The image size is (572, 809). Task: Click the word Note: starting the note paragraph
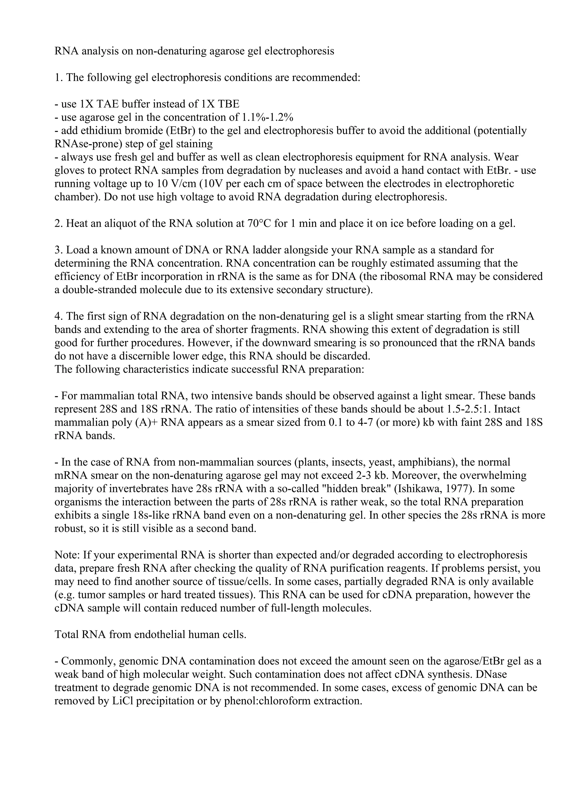point(67,555)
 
